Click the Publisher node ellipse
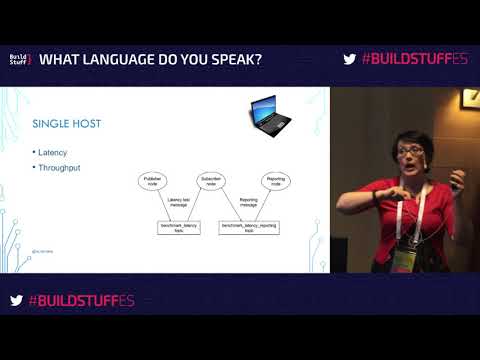154,183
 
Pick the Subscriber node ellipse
211,183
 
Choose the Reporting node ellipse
276,183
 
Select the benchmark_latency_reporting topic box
249,228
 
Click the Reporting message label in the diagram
251,204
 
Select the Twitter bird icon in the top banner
349,59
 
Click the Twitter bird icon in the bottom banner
16,300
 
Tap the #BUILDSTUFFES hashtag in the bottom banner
79,300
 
